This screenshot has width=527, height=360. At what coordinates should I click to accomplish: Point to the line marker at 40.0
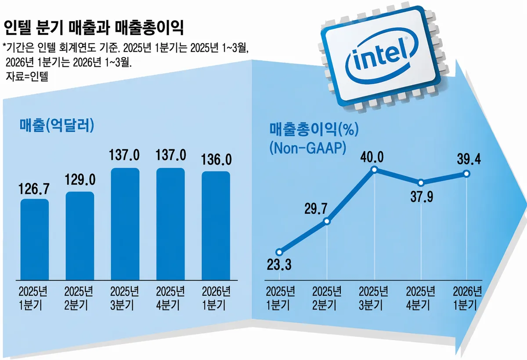374,170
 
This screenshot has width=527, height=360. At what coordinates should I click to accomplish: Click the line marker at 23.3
279,252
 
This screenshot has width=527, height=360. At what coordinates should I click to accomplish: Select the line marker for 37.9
421,182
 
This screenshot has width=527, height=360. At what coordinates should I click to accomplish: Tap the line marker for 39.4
466,174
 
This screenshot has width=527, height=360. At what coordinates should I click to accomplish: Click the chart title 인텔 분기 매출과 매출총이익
94,29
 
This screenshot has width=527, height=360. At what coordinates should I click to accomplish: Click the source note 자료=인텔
26,76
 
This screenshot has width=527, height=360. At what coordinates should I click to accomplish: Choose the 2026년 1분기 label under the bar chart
216,298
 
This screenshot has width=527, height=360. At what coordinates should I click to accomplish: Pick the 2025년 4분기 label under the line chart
421,298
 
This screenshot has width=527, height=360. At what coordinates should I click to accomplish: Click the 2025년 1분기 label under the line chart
279,298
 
